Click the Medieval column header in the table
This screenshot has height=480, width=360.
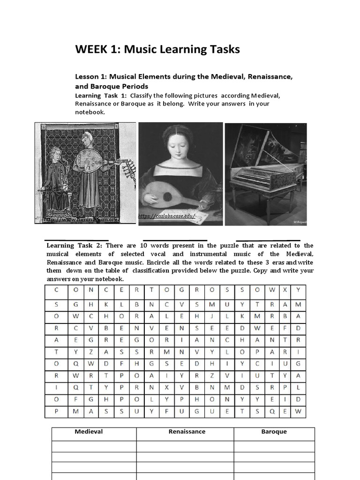coord(89,432)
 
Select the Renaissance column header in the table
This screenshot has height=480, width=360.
coord(187,432)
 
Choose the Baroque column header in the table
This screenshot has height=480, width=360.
coord(274,432)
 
